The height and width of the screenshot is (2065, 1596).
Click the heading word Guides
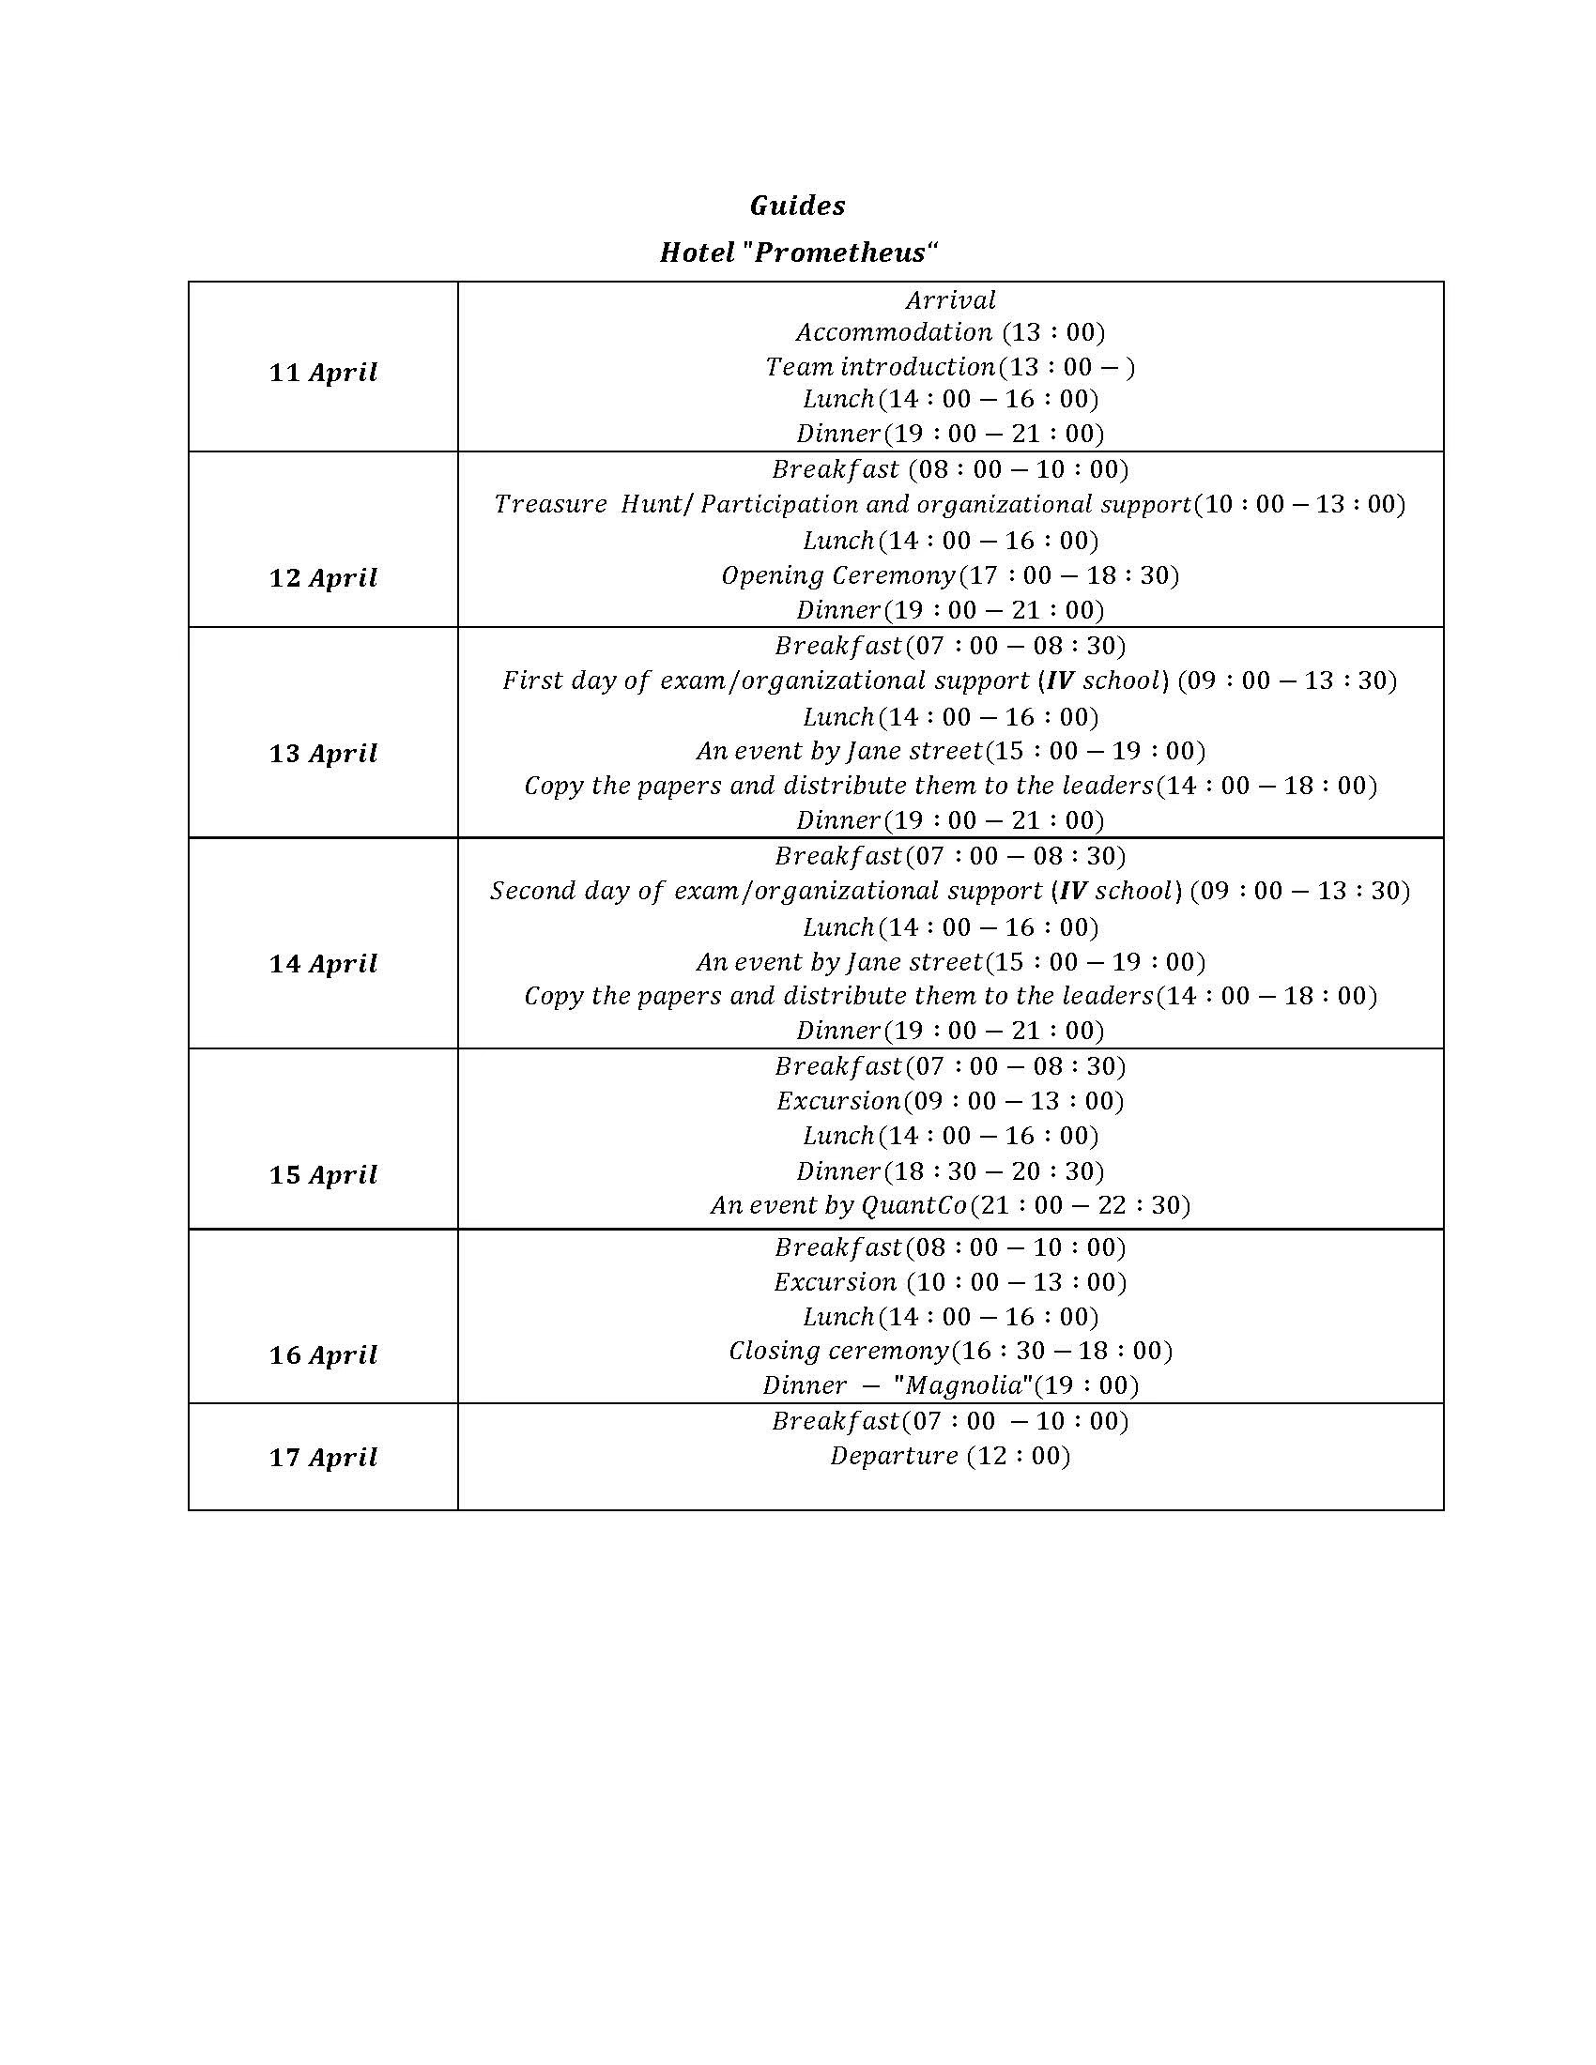point(797,206)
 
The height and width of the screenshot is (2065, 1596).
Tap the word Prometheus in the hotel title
point(839,252)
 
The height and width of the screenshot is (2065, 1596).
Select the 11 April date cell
point(323,373)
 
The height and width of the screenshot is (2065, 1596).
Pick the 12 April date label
point(323,577)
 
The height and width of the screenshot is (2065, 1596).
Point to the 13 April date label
point(323,754)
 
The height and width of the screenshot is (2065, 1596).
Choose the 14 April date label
point(323,963)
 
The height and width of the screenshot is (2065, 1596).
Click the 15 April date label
point(323,1174)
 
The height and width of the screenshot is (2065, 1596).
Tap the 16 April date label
point(323,1354)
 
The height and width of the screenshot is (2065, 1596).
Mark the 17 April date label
point(323,1457)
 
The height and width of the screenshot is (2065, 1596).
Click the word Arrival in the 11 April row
point(950,300)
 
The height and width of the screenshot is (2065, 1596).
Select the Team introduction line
point(949,367)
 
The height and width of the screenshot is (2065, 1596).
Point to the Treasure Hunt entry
point(949,504)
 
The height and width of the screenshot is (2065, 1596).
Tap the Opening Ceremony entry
point(949,574)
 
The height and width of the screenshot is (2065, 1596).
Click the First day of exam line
point(949,681)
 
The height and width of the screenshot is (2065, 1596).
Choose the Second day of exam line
point(949,891)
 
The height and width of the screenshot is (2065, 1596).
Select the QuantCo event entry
point(949,1205)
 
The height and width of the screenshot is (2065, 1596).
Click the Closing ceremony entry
point(949,1350)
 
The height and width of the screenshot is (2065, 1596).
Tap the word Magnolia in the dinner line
point(964,1385)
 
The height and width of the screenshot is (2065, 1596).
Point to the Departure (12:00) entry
point(949,1455)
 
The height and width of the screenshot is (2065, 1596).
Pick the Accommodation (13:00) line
point(949,332)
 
